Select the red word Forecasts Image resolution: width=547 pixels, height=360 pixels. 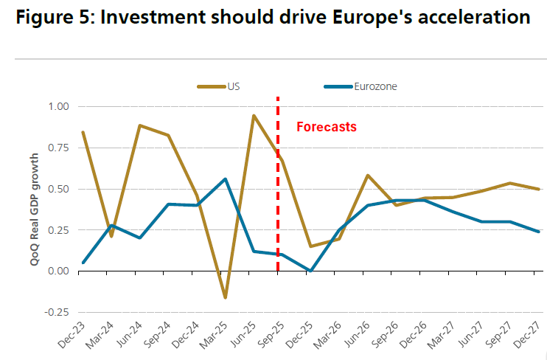point(326,127)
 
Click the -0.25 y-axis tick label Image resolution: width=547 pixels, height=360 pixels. point(56,312)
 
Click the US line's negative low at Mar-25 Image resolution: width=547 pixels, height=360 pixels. point(225,297)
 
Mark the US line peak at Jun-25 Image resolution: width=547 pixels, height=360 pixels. point(254,116)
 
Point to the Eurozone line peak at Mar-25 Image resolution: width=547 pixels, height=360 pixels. point(225,179)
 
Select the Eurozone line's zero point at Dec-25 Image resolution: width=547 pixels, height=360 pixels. point(311,271)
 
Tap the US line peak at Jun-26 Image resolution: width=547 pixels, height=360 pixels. point(368,176)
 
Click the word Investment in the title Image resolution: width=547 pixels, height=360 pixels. point(151,18)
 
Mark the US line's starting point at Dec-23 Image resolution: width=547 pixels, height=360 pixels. point(83,133)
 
